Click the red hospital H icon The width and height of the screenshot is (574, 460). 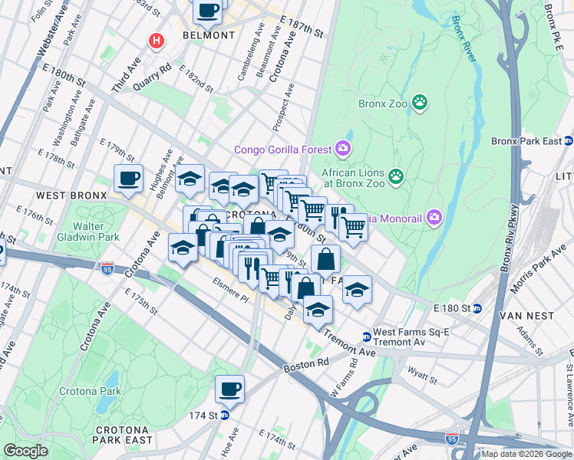coord(157,41)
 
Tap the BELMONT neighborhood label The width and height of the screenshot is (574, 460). coord(209,35)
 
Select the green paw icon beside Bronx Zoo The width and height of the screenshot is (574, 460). coord(420,102)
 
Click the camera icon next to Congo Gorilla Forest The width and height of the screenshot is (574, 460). coord(343,148)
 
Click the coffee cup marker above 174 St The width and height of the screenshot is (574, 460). coord(229,388)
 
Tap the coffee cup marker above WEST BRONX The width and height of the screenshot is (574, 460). coord(128,178)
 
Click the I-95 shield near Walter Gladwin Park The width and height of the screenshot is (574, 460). coord(107,268)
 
